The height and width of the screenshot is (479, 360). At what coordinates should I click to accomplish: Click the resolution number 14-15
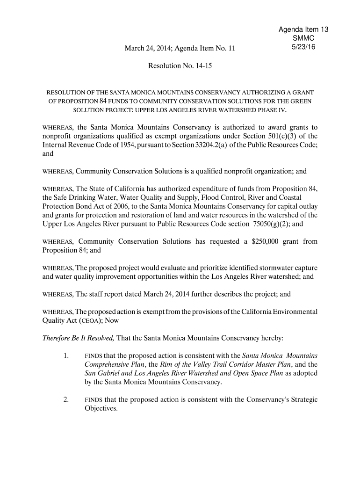(202, 66)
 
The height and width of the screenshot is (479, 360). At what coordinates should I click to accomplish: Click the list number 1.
(66, 355)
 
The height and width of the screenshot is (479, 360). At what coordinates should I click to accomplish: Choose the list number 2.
(66, 399)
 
